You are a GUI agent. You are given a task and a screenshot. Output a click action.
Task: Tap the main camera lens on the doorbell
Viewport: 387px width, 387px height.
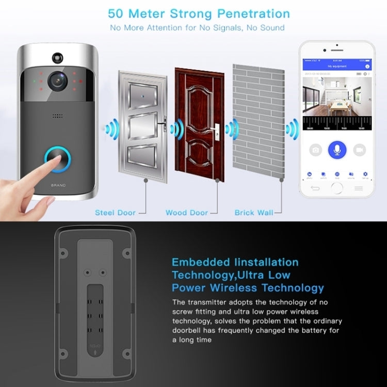pyautogui.click(x=57, y=80)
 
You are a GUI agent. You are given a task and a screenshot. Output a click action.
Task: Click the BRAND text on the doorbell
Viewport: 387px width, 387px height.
pyautogui.click(x=58, y=184)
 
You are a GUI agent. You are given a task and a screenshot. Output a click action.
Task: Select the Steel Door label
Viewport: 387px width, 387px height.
pyautogui.click(x=115, y=213)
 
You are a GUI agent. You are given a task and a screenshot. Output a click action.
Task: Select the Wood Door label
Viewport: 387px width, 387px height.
pyautogui.click(x=186, y=213)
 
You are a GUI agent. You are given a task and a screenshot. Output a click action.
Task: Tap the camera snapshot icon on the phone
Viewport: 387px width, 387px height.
pyautogui.click(x=315, y=150)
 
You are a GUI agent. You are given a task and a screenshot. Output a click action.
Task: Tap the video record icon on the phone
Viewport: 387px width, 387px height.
pyautogui.click(x=360, y=150)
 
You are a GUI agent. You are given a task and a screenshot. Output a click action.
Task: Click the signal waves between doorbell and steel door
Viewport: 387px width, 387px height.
pyautogui.click(x=111, y=129)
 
